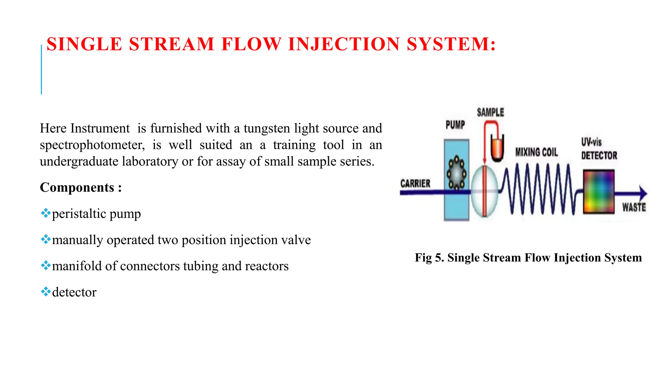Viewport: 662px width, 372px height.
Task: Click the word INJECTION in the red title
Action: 344,44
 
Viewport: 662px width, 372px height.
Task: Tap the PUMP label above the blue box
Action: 455,125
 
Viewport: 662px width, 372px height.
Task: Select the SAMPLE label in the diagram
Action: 490,112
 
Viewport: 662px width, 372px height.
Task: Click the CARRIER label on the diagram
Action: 415,183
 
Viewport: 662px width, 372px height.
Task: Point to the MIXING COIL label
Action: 537,152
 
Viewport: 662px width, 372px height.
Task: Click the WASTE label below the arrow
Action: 634,207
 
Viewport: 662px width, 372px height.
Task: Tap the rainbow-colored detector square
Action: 599,191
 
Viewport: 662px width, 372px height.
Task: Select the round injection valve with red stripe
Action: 484,191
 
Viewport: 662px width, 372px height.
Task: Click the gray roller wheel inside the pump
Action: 456,173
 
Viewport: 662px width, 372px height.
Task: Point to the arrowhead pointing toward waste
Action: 643,193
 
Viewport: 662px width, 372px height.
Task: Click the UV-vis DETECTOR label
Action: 598,149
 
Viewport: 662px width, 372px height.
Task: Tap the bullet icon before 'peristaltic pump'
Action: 46,213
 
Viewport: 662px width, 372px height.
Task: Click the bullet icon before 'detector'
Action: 46,292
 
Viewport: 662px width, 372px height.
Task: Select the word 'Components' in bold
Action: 77,187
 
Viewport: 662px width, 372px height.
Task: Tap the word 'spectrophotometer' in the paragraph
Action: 92,145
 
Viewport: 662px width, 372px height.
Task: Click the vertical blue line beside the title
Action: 41,69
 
